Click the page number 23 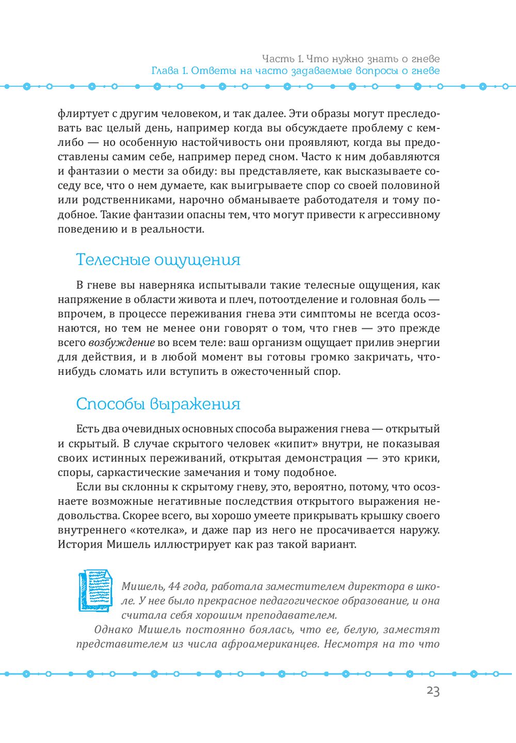433,691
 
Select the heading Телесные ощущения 158,259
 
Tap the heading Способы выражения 158,404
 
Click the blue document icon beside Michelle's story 95,591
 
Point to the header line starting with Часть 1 350,59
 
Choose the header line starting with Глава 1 295,71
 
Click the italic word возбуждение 121,343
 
